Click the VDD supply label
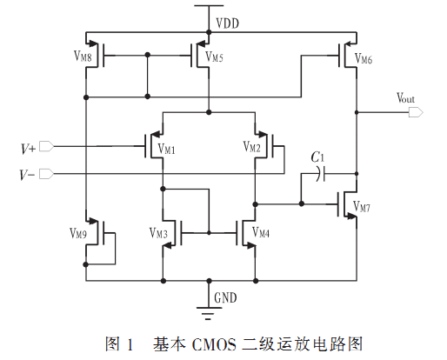coord(228,23)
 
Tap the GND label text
coord(225,297)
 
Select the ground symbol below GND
coord(209,313)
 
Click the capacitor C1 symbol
coord(321,174)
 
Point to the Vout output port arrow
coord(416,112)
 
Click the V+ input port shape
coord(46,146)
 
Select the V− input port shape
coord(46,174)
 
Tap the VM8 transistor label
coord(83,57)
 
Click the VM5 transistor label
coord(214,57)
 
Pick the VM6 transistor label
coord(364,58)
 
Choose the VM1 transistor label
coord(166,149)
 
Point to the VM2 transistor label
coord(251,147)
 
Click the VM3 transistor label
coord(158,233)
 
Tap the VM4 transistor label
coord(261,232)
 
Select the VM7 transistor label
coord(362,207)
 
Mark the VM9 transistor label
coord(78,233)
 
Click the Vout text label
coord(405,98)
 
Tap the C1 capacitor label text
coord(317,157)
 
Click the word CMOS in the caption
coord(214,345)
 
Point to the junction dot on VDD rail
coord(209,32)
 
